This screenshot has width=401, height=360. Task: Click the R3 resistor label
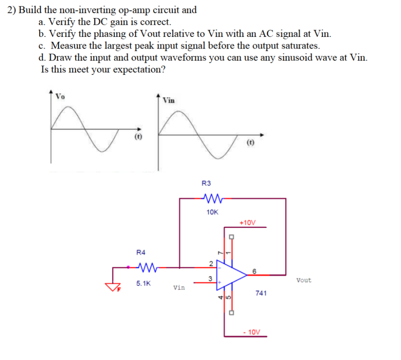point(206,183)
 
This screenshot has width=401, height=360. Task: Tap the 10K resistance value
point(212,212)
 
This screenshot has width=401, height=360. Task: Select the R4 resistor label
point(141,252)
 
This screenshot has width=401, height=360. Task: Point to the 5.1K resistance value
point(143,283)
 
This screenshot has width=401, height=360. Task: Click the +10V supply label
point(247,223)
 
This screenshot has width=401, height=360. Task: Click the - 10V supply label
point(252,332)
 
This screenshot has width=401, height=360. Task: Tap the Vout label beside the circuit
point(304,280)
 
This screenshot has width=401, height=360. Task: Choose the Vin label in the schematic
point(179,288)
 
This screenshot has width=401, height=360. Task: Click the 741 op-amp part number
point(261,293)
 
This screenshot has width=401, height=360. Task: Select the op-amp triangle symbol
point(229,275)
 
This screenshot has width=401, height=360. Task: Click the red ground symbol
point(112,287)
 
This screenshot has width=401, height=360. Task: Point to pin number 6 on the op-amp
point(254,271)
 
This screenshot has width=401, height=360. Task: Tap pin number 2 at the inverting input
point(211,263)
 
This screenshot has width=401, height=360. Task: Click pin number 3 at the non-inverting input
point(210,279)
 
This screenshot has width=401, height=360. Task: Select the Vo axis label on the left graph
point(60,96)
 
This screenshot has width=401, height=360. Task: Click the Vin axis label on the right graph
point(168,100)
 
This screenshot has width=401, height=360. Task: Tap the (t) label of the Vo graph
point(138,137)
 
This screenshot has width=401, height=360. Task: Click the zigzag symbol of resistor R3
point(213,198)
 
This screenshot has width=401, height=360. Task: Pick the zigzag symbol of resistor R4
point(148,268)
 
